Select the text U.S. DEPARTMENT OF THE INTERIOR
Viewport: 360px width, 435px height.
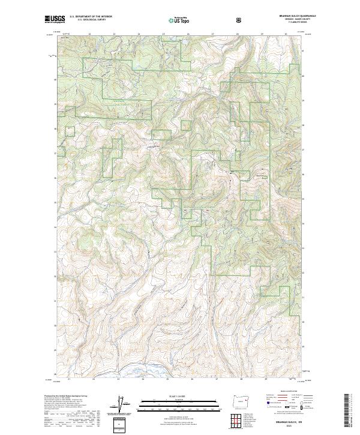(89, 18)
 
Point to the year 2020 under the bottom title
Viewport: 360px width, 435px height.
(289, 426)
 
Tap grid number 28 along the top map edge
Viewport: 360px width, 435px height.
(238, 34)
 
